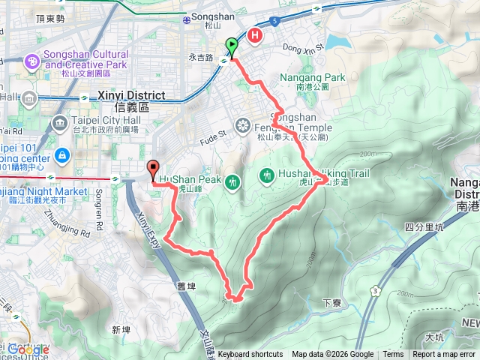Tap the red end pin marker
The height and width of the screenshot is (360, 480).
pyautogui.click(x=153, y=170)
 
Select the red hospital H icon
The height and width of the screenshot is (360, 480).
pyautogui.click(x=255, y=34)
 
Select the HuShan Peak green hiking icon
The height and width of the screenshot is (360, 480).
pyautogui.click(x=234, y=181)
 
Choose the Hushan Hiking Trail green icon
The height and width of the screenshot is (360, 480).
pyautogui.click(x=266, y=175)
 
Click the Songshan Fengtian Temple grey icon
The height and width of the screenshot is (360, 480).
pyautogui.click(x=243, y=125)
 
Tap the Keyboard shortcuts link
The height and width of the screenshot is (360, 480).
pyautogui.click(x=250, y=355)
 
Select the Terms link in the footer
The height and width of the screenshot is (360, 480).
pyautogui.click(x=393, y=355)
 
